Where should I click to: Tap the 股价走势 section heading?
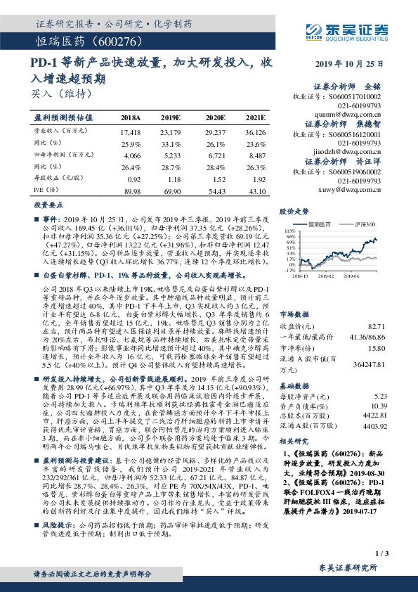point(295,211)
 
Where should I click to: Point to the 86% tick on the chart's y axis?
point(289,238)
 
